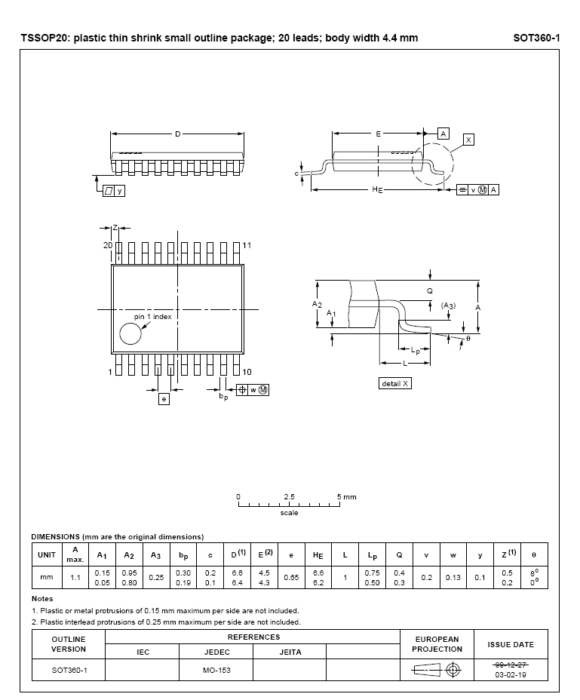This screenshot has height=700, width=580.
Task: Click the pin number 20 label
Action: [x=108, y=246]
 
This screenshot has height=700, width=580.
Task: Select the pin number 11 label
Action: [x=247, y=246]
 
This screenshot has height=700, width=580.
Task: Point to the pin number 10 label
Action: [x=247, y=372]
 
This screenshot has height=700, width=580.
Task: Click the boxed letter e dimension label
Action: [x=164, y=399]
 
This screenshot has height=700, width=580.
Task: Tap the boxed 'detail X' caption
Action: [x=396, y=383]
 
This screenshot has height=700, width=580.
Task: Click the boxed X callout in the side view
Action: [x=468, y=140]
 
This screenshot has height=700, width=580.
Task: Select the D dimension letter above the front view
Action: [x=178, y=134]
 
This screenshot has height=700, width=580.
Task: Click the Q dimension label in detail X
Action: [x=430, y=290]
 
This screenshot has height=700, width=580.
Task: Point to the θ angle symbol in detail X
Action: [x=468, y=339]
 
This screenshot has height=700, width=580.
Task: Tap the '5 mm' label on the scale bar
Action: [x=347, y=497]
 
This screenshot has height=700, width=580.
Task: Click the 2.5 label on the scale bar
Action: [x=290, y=497]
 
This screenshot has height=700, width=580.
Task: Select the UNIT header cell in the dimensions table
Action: [x=47, y=555]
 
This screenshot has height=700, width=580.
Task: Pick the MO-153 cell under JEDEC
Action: [x=217, y=670]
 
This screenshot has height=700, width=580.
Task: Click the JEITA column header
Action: [x=290, y=652]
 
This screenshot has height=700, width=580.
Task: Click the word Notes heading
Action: [x=42, y=599]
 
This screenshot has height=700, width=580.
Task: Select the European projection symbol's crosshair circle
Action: [x=453, y=669]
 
